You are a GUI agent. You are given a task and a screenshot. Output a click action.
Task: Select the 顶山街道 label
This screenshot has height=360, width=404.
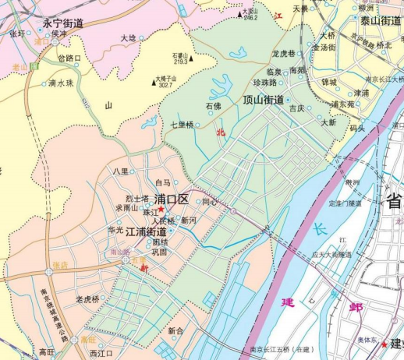pyautogui.click(x=263, y=100)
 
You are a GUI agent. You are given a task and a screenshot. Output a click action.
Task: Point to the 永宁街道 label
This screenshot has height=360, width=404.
pyautogui.click(x=64, y=23)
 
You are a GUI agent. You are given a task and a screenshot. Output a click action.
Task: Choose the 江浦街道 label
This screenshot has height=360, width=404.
pyautogui.click(x=146, y=231)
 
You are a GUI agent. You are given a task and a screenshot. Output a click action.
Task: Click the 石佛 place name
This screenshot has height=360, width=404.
pyautogui.click(x=213, y=105)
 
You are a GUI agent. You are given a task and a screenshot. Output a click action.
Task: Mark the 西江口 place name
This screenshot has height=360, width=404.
pyautogui.click(x=101, y=354)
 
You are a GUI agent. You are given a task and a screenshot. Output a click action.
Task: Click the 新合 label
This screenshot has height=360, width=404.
pyautogui.click(x=175, y=331)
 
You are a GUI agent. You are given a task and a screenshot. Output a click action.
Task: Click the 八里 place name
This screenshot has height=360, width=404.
pyautogui.click(x=120, y=171)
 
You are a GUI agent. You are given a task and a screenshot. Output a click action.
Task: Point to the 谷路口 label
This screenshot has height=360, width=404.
pyautogui.click(x=69, y=58)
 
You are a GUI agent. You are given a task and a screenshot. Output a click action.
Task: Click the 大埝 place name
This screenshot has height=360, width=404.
pyautogui.click(x=128, y=37)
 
